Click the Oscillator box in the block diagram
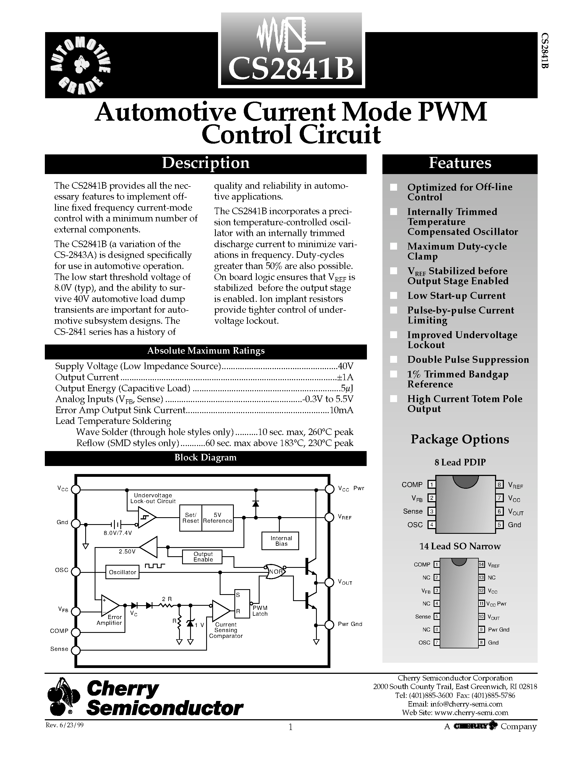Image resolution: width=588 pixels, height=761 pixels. pos(122,572)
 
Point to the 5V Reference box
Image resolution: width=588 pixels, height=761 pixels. pos(217,518)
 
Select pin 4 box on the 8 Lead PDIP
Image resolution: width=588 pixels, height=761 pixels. pos(432,525)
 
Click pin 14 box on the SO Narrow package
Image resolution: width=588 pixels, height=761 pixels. pos(481,565)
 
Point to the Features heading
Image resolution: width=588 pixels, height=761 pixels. pos(460,163)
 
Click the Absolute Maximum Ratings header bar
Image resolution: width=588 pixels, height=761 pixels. pos(206,351)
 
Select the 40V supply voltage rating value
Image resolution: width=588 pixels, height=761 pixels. pos(346,366)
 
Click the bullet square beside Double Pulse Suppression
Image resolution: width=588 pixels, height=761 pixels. pos(394,359)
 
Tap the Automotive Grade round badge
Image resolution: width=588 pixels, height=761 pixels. pos(81,65)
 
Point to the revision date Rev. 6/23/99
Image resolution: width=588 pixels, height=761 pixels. pos(65,725)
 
